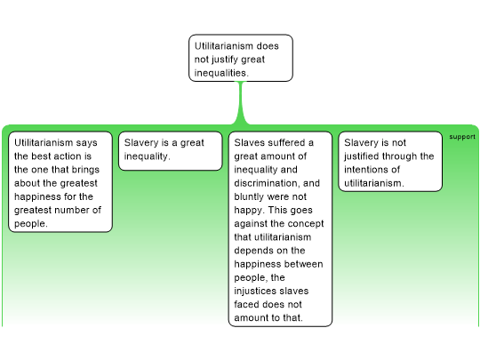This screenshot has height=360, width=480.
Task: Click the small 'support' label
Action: point(462,137)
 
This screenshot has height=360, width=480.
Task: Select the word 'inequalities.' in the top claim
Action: point(221,73)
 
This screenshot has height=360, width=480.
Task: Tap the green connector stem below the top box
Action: point(241,103)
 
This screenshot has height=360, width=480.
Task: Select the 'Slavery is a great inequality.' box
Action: point(170,151)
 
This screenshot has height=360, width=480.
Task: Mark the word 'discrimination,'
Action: point(267,183)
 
